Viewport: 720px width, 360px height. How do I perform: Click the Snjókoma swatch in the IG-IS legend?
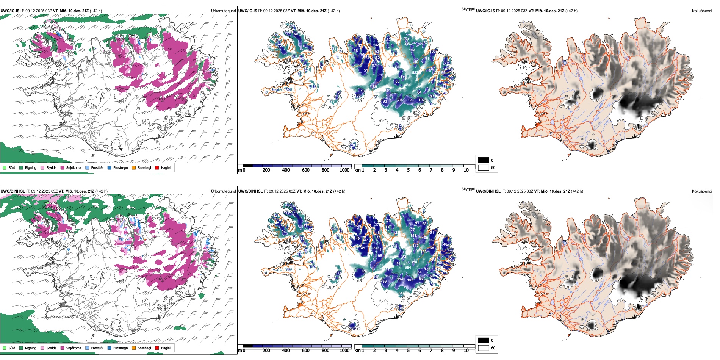tap(63, 168)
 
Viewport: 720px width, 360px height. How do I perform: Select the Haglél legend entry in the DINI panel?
tap(166, 348)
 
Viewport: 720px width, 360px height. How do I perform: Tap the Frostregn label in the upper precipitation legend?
tap(120, 168)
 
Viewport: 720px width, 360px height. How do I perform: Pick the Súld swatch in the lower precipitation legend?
tap(5, 348)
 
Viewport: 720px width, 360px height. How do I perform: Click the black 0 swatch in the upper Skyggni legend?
tap(484, 160)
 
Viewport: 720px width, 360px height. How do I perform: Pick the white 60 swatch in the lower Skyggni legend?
tap(484, 348)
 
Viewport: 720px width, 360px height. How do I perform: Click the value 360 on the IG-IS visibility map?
tap(405, 39)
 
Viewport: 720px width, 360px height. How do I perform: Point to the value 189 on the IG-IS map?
tap(374, 87)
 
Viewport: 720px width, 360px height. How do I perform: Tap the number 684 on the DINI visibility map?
tap(408, 268)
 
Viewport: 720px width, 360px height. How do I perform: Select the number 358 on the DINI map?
tap(414, 262)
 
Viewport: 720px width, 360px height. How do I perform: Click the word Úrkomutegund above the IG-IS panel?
tap(223, 11)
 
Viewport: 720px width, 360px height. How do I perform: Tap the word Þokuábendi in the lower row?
tap(702, 191)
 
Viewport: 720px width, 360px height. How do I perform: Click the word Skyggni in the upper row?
tap(468, 9)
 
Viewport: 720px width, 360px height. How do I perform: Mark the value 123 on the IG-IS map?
tap(410, 100)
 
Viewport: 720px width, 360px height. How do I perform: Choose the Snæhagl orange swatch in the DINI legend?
tap(134, 348)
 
